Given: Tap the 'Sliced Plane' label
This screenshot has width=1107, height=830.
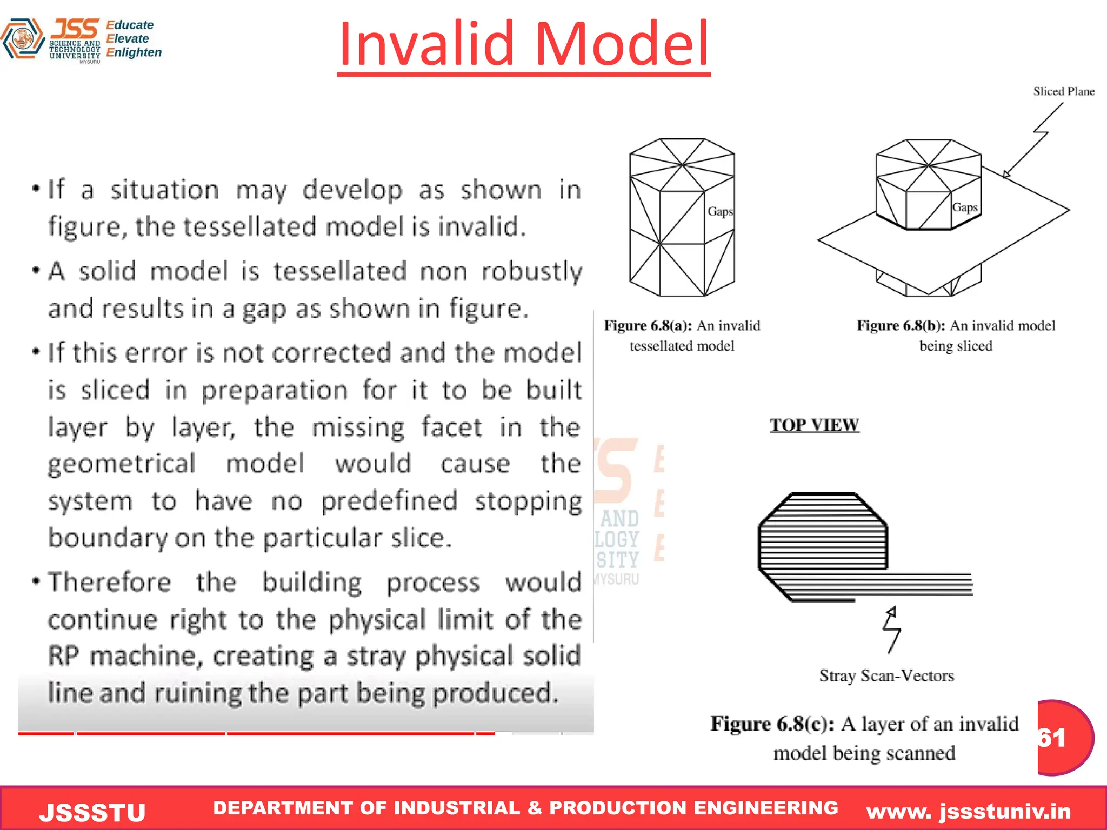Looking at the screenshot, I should (x=1063, y=91).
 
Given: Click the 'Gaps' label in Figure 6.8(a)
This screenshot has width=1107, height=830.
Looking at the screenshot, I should (x=720, y=211).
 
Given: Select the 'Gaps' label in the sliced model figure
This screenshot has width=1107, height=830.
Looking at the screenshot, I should (x=964, y=207).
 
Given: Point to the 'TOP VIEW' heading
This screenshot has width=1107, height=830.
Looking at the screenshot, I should (x=814, y=425).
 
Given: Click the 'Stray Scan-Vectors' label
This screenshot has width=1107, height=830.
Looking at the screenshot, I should (x=886, y=675).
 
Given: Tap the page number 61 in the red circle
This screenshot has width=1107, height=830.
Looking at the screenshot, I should (x=1053, y=738).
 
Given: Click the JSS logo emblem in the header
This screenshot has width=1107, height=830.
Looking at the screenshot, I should (x=22, y=39).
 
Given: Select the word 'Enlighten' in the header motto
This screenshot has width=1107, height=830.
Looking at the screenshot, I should (x=134, y=52).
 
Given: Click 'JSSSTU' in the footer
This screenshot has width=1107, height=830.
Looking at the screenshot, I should (x=92, y=812).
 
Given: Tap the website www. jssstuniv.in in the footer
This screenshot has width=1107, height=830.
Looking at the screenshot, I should (x=968, y=811).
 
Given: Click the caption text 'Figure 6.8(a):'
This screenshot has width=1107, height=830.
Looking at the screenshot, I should (x=648, y=326).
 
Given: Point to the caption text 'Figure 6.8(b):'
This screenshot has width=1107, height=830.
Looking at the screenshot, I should (x=901, y=326).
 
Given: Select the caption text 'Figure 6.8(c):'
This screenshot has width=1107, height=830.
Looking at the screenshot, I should (x=772, y=724).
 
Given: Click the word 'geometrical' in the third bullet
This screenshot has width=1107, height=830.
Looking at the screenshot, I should (x=122, y=464).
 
